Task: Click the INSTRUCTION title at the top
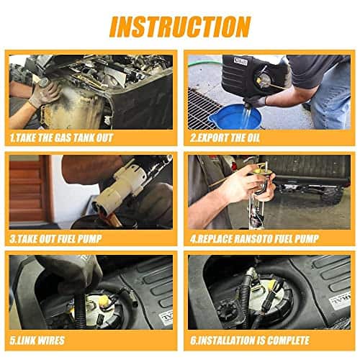180,27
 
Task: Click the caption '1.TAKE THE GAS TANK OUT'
61,138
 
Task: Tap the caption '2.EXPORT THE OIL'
225,138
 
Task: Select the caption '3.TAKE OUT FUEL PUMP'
55,239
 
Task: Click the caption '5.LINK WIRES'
37,341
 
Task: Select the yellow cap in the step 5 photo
104,301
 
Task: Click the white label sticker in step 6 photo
340,301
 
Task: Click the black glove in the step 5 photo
72,274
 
